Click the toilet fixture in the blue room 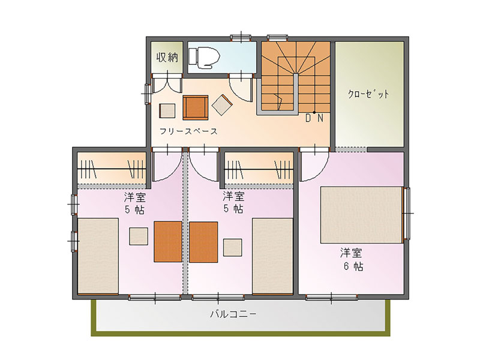tap(205, 57)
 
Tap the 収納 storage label tap(167, 57)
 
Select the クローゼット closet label tap(368, 94)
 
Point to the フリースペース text tap(188, 131)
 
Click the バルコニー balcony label tap(233, 314)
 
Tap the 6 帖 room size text tap(353, 266)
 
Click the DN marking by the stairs tap(314, 118)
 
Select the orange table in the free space tap(196, 107)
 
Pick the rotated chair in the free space tap(222, 105)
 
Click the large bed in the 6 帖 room tap(361, 215)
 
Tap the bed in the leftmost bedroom tap(98, 256)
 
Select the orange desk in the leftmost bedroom tap(168, 242)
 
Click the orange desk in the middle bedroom tap(203, 242)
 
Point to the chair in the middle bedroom tap(233, 247)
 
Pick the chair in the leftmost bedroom tap(139, 236)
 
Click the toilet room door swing tap(241, 88)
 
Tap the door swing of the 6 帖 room tap(314, 166)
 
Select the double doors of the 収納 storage tap(167, 83)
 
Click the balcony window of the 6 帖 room tap(332, 297)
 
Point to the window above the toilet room tap(241, 38)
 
